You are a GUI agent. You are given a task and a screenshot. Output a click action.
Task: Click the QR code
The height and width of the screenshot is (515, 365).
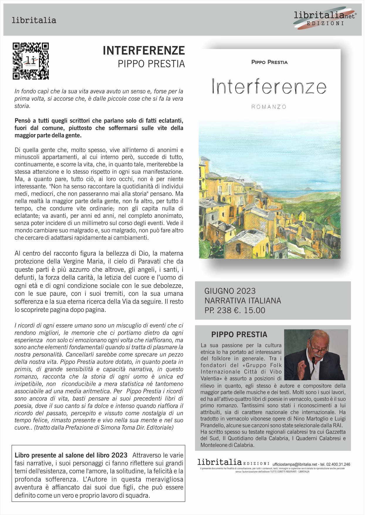(x=31, y=61)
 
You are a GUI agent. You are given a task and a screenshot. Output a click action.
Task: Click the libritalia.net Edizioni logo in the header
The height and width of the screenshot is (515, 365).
(x=325, y=18)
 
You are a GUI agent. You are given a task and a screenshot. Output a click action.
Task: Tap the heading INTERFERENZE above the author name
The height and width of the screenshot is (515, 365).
(x=144, y=51)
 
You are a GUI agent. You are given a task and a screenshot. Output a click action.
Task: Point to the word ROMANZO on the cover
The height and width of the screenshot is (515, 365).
(x=269, y=107)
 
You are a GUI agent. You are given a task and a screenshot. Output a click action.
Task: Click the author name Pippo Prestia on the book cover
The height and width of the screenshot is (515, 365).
(x=269, y=62)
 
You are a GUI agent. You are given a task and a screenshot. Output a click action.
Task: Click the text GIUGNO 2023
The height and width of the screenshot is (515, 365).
(x=230, y=291)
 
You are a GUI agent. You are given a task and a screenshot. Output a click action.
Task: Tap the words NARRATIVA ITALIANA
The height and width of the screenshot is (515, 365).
(x=243, y=300)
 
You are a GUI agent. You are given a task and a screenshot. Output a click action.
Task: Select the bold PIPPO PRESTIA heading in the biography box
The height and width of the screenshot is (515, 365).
(x=239, y=335)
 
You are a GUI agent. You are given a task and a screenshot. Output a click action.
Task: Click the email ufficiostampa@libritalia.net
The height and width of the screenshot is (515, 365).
(x=295, y=464)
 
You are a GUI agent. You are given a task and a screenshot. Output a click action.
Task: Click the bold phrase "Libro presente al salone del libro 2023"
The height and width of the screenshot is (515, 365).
(x=71, y=455)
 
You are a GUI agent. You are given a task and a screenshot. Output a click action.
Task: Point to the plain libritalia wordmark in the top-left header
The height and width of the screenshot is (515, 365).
(x=34, y=20)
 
